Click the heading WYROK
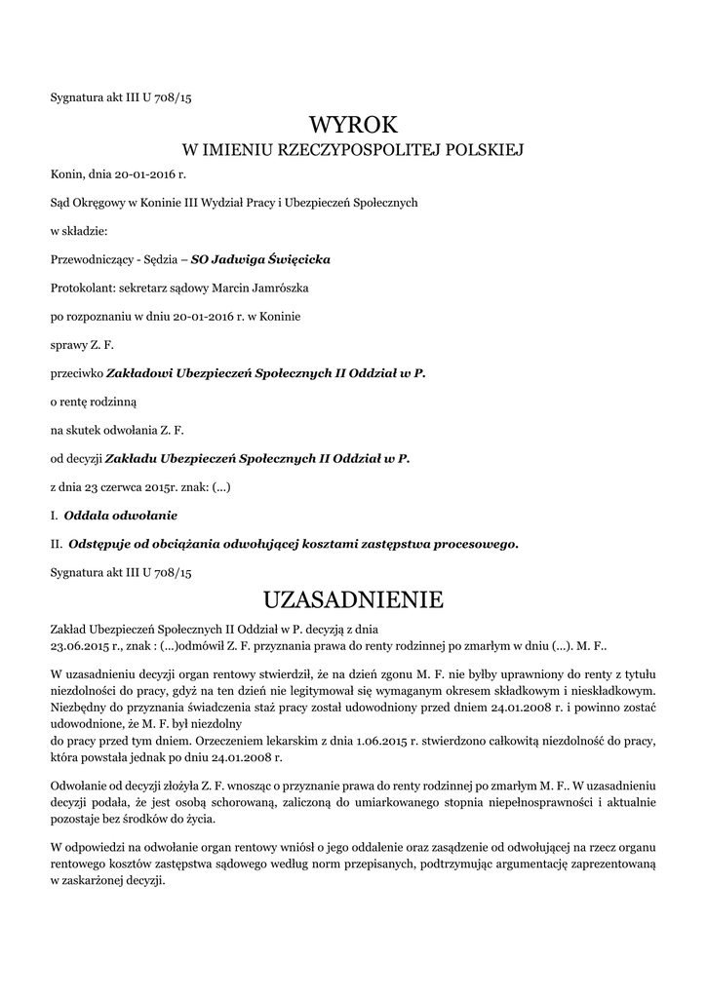click(353, 124)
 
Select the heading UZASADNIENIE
click(353, 596)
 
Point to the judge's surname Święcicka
click(299, 260)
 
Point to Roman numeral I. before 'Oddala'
click(54, 514)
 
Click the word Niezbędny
click(79, 709)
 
